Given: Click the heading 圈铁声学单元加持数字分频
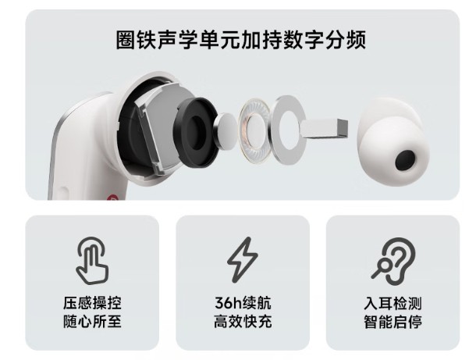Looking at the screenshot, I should (x=240, y=40).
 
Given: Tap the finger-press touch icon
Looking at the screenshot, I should (x=92, y=260).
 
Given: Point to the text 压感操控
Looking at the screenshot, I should (x=92, y=303).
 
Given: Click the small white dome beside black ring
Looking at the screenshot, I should (x=226, y=127).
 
